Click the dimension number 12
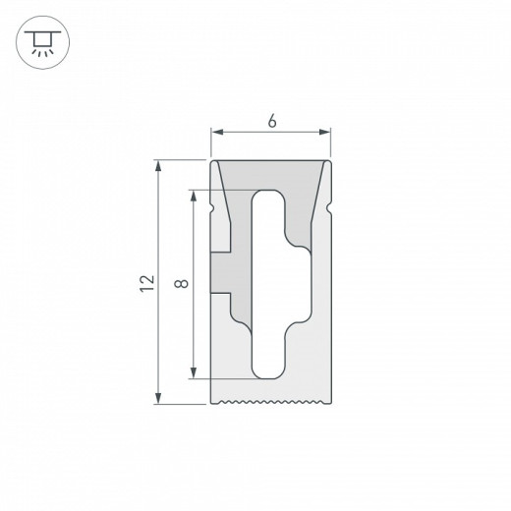[146, 283]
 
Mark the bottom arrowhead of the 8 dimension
[195, 372]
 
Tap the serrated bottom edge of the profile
[271, 402]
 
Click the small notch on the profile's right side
[330, 206]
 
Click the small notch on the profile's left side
[213, 206]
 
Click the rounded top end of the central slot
[268, 197]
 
